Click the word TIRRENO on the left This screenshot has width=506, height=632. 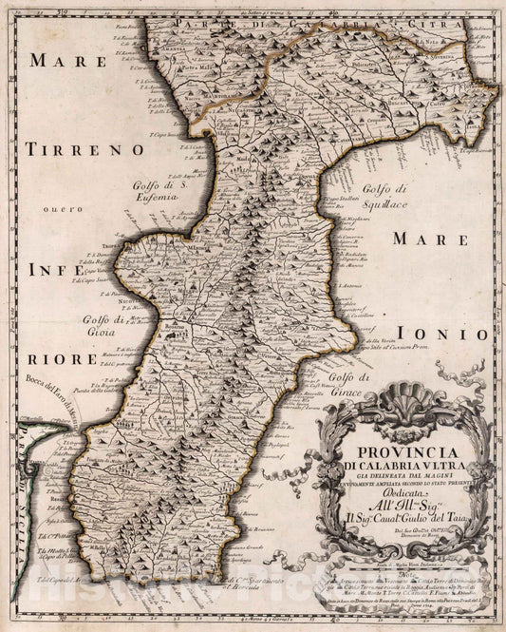[84, 149]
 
